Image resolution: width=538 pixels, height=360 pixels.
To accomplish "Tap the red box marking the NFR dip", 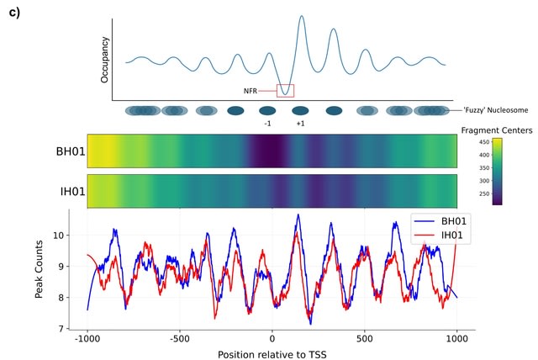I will tap(285, 90).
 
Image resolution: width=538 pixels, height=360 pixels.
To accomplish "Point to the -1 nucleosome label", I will tap(267, 124).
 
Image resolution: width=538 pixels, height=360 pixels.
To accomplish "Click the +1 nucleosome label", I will tap(300, 124).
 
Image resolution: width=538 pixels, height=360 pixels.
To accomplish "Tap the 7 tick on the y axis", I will tap(58, 329).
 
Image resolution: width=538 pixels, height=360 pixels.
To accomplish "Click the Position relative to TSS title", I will tap(272, 354).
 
